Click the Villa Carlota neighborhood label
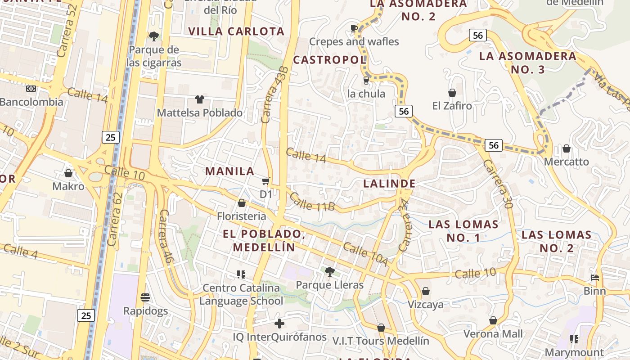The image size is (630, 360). tap(236, 31)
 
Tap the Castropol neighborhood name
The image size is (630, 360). tap(329, 60)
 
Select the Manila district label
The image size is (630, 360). tap(230, 171)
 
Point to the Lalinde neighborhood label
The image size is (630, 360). tap(389, 184)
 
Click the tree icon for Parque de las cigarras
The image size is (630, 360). tap(154, 36)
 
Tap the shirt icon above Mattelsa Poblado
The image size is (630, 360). tap(200, 99)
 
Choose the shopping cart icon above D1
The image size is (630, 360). tap(266, 181)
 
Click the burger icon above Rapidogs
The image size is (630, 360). tap(145, 297)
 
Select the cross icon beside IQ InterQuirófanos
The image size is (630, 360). tap(279, 323)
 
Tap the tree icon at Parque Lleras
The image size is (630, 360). tap(329, 271)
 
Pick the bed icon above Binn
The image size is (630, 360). tap(595, 278)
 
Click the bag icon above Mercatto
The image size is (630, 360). tap(567, 148)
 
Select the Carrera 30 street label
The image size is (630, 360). tap(498, 184)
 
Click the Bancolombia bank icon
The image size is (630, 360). tap(31, 89)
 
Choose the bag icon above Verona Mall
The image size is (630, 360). tap(493, 320)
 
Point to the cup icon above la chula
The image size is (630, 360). tap(366, 81)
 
